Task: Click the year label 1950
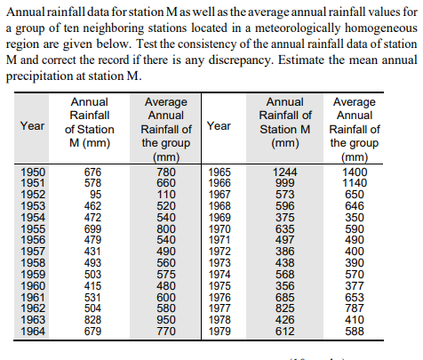point(32,172)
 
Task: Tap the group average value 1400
point(355,172)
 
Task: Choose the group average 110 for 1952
point(166,194)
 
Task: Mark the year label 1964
point(32,332)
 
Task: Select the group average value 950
point(166,320)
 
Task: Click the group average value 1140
point(355,182)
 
